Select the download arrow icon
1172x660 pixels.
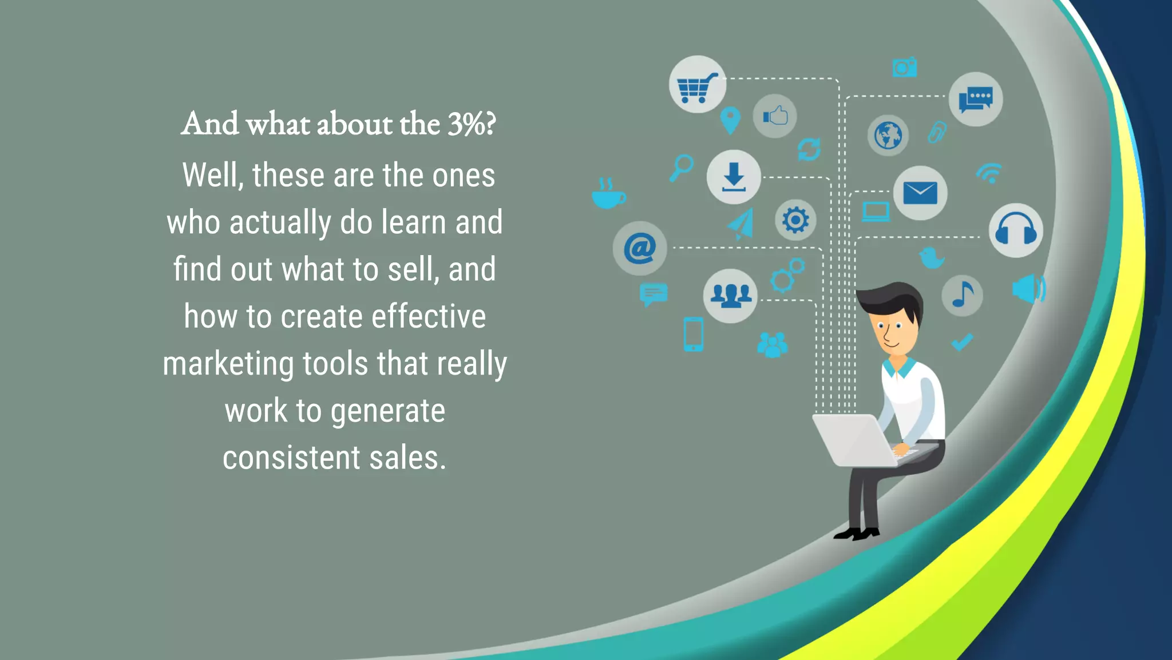click(x=734, y=177)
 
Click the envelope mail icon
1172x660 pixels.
click(x=920, y=193)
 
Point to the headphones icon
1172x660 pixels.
click(x=1016, y=230)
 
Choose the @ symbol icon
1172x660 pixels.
click(x=640, y=248)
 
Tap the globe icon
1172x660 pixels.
click(x=888, y=136)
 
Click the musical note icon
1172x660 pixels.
click(x=963, y=295)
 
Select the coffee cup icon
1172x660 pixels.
click(x=608, y=194)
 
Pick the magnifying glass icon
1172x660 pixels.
click(x=681, y=168)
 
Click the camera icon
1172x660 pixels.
click(x=905, y=67)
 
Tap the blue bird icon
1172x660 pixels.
click(x=932, y=257)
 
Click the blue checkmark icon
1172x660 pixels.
click(x=962, y=342)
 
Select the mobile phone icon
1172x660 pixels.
click(x=693, y=334)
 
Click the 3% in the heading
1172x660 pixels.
click(x=465, y=124)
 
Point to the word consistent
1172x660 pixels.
click(x=291, y=458)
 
